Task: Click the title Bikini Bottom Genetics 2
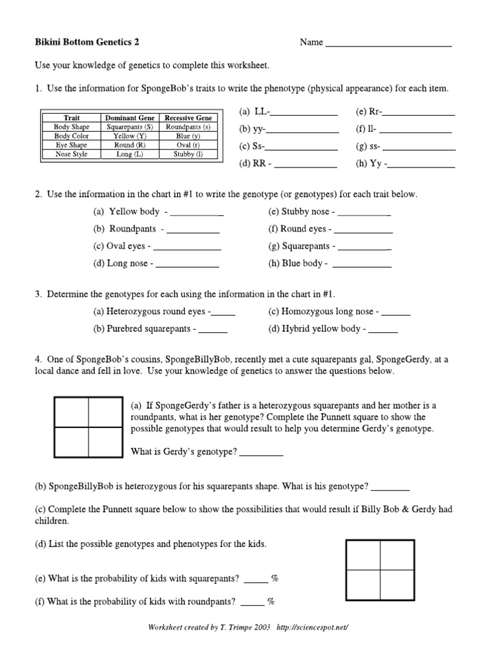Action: click(87, 43)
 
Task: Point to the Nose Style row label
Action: click(72, 155)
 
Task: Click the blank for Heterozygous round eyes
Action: click(224, 312)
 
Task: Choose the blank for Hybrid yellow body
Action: click(385, 330)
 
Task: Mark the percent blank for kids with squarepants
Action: click(256, 579)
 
